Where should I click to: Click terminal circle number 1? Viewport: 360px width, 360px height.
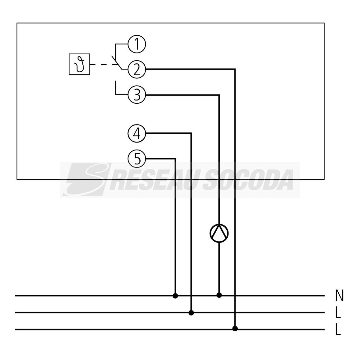pos(137,45)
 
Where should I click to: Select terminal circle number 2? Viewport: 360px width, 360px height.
pos(137,70)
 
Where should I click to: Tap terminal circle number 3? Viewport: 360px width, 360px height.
pos(137,95)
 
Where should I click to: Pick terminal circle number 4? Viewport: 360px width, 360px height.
pos(137,133)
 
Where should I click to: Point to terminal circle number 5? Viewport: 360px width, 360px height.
pos(137,159)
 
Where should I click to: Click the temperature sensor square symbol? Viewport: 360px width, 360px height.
pos(79,64)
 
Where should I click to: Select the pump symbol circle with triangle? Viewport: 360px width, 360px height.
pos(219,233)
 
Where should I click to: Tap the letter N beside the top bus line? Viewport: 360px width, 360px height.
pos(339,295)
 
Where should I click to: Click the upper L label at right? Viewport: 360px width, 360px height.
pos(338,312)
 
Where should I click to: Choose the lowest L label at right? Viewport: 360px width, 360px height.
pos(338,329)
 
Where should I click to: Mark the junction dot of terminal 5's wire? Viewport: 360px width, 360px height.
pos(175,296)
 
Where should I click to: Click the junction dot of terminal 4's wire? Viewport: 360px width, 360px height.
pos(191,313)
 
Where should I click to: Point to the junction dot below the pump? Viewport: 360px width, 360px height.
pos(219,295)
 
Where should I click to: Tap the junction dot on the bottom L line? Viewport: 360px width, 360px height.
pos(235,329)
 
